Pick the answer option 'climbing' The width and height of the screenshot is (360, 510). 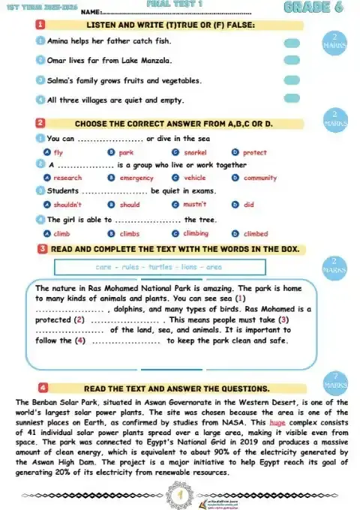pos(196,233)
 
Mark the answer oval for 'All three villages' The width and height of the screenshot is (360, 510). pos(292,99)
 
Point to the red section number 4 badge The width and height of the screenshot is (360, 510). pos(43,388)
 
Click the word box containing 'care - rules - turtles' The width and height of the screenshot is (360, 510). pos(159,267)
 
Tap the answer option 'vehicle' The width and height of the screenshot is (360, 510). pos(194,178)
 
